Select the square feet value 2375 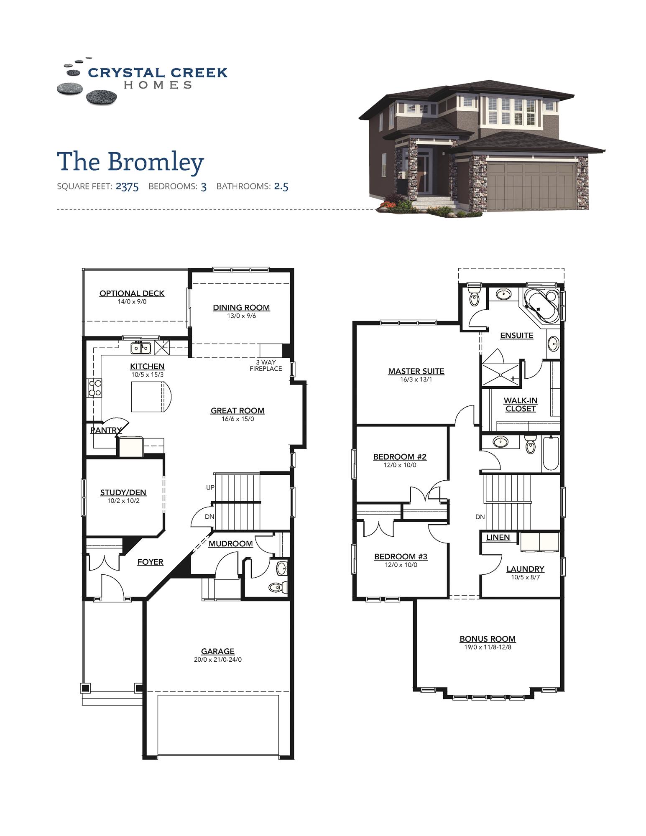[x=127, y=186]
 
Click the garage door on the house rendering [x=530, y=186]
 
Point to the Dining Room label [x=241, y=308]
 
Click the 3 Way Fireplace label [x=266, y=365]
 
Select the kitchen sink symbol [x=141, y=347]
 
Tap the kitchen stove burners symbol [x=95, y=387]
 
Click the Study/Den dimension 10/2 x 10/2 [x=123, y=501]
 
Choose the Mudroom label [x=230, y=543]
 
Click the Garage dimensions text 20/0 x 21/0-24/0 [x=217, y=660]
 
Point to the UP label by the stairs [x=210, y=487]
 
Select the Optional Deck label [x=132, y=293]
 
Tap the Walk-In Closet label [x=520, y=405]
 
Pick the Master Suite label [x=416, y=371]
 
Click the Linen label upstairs [x=498, y=538]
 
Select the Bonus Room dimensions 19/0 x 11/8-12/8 [x=488, y=647]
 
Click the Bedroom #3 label [x=401, y=557]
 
